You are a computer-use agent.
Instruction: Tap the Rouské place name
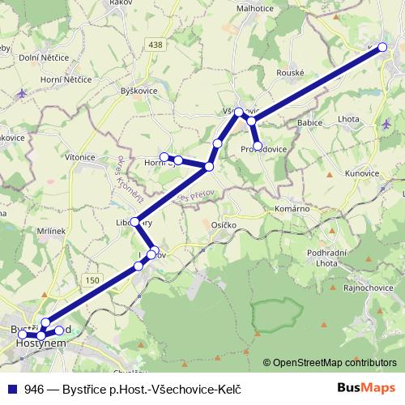coord(290,72)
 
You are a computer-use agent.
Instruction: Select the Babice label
coord(311,122)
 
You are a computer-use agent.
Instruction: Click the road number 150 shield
coord(91,279)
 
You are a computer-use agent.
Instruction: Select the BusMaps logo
coord(372,387)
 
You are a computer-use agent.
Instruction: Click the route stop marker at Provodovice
coord(258,146)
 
